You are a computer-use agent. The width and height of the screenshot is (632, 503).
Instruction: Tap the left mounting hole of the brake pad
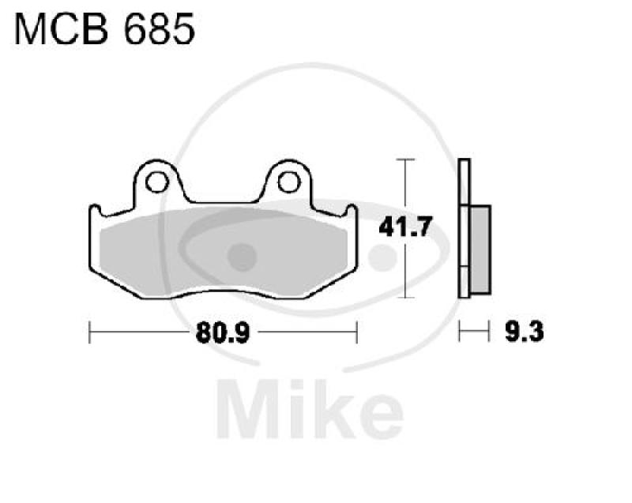[156, 181]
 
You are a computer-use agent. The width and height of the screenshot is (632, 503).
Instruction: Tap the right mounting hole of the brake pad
[289, 181]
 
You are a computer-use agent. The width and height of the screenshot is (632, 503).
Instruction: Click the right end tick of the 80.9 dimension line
[358, 334]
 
